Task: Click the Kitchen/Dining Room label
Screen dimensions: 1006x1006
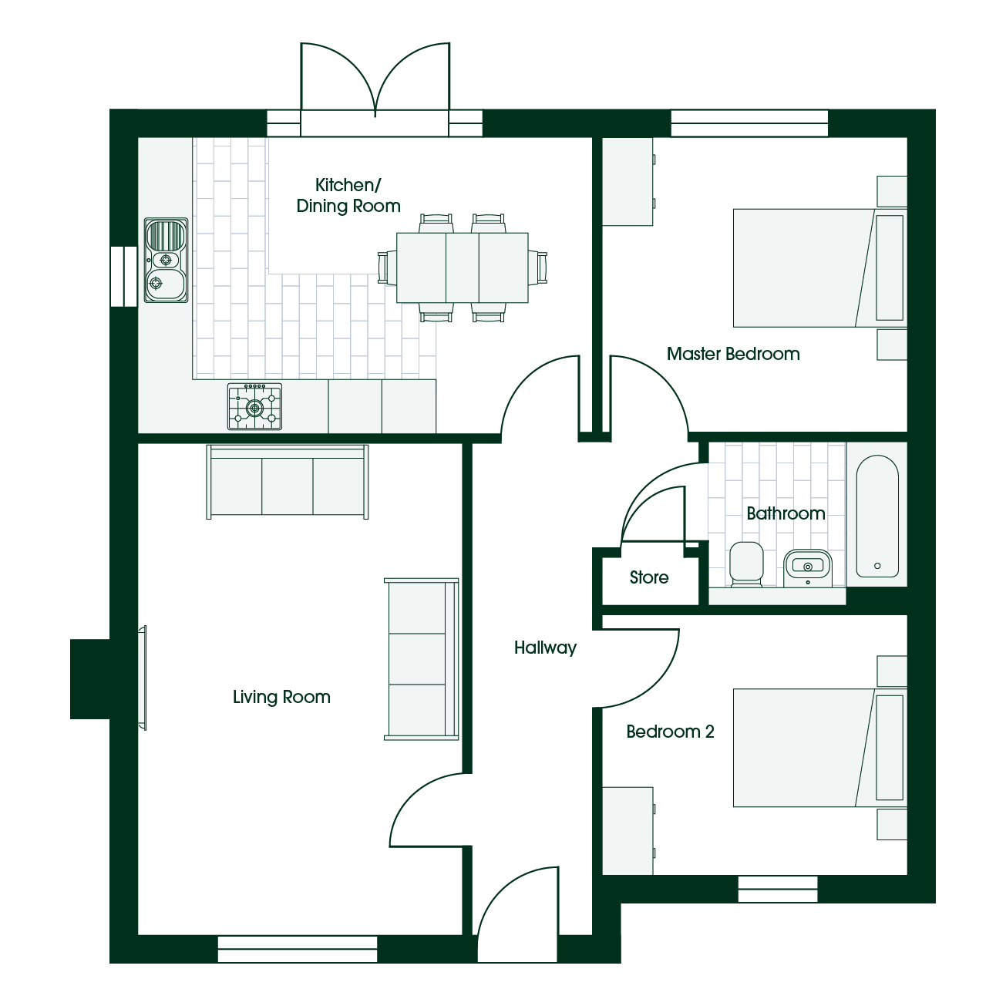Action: tap(348, 195)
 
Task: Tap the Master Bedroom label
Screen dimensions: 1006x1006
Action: tap(733, 354)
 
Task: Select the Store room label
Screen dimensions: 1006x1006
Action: tap(649, 577)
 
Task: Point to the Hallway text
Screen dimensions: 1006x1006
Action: tap(545, 648)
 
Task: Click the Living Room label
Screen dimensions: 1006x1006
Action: tap(281, 697)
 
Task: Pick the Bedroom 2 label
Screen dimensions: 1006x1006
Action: tap(670, 732)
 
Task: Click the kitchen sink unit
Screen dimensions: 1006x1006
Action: tap(166, 260)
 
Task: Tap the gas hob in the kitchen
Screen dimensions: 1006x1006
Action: tap(254, 407)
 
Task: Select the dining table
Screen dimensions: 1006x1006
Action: tap(462, 267)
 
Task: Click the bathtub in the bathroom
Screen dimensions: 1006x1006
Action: tap(877, 516)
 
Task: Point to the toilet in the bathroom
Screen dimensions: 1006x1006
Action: tap(746, 564)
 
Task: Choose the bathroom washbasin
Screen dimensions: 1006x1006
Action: tap(808, 567)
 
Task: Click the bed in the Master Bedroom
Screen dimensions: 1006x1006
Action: tap(819, 267)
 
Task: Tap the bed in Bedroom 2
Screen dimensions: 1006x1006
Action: tap(819, 748)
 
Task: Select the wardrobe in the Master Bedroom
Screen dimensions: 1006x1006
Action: tap(628, 182)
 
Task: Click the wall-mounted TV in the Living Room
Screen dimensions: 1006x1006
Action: tap(142, 678)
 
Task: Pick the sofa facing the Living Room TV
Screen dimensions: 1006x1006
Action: tap(422, 659)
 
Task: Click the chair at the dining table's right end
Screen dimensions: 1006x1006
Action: tap(538, 267)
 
